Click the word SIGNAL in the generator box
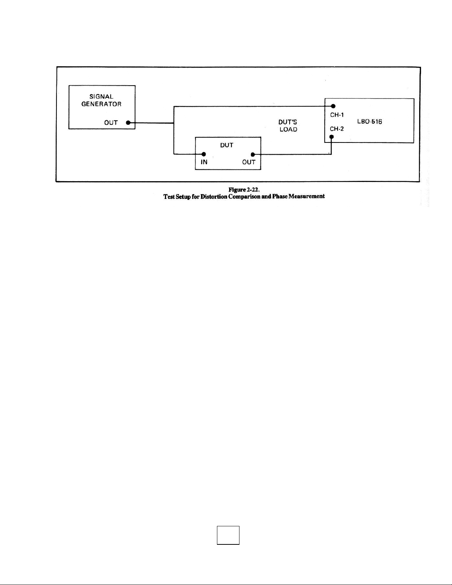tap(101, 97)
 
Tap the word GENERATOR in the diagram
tap(101, 104)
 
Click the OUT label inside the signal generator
tap(111, 123)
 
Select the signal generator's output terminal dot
tap(128, 123)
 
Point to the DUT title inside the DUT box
tap(227, 145)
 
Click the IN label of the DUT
tap(204, 162)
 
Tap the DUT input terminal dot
tap(203, 154)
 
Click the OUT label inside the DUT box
tap(249, 162)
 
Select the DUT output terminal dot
tap(252, 154)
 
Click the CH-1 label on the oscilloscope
tap(337, 115)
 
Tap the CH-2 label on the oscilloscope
tap(337, 129)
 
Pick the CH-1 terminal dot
tap(333, 106)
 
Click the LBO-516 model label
tap(369, 121)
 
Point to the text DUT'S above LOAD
tap(288, 122)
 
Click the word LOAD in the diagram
tap(288, 130)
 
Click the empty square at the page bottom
tap(228, 535)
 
